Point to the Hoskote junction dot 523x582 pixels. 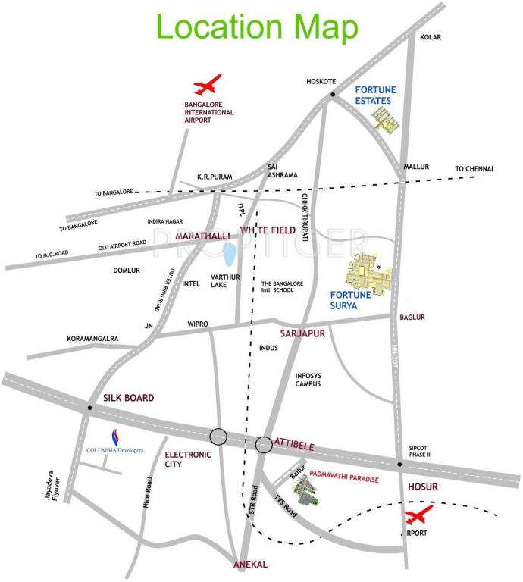(x=332, y=94)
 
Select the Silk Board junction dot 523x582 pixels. (x=89, y=408)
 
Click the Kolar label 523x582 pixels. (x=430, y=36)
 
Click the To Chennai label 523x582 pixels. (x=474, y=168)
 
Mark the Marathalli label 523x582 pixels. (x=202, y=237)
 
